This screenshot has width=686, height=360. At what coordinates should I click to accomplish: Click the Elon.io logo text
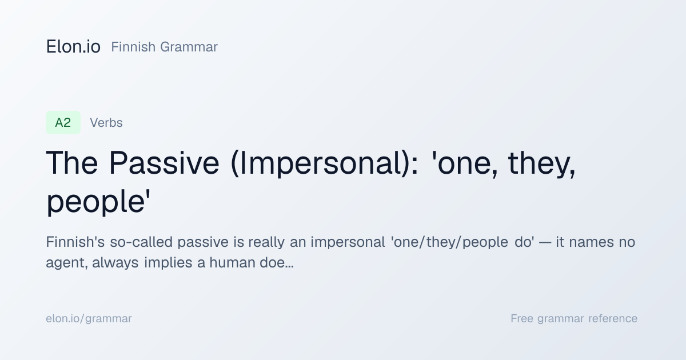73,47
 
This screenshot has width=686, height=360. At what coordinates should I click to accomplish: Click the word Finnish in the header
133,47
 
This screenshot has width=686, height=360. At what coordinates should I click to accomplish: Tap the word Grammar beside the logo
189,47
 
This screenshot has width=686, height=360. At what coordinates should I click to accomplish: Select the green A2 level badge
63,123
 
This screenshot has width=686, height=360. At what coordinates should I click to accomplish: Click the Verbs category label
106,123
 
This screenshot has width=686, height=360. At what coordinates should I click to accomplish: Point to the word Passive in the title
164,163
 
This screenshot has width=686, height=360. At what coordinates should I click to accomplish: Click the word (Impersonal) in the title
324,164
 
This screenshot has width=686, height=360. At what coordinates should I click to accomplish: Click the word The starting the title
72,163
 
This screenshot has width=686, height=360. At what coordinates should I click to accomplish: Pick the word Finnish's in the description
75,242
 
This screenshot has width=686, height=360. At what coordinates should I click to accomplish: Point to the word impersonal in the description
348,243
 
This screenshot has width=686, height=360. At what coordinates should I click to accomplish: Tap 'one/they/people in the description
449,243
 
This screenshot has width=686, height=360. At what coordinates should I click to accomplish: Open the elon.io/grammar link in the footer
89,319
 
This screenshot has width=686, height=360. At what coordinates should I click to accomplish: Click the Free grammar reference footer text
574,319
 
